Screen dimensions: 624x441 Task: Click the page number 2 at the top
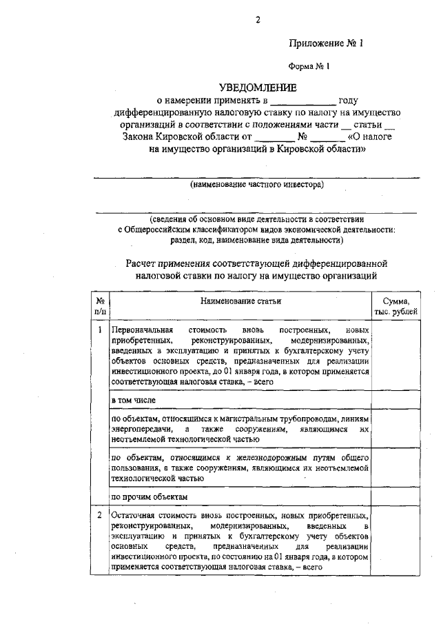tap(257, 20)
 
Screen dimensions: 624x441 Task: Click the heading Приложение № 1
tap(325, 43)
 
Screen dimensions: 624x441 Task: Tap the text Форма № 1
tap(309, 67)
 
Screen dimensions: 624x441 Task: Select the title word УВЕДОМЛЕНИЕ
tap(258, 88)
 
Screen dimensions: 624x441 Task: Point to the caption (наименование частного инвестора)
tap(257, 184)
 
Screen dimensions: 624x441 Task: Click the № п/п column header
tap(100, 306)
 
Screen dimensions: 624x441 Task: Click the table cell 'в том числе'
tap(134, 400)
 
